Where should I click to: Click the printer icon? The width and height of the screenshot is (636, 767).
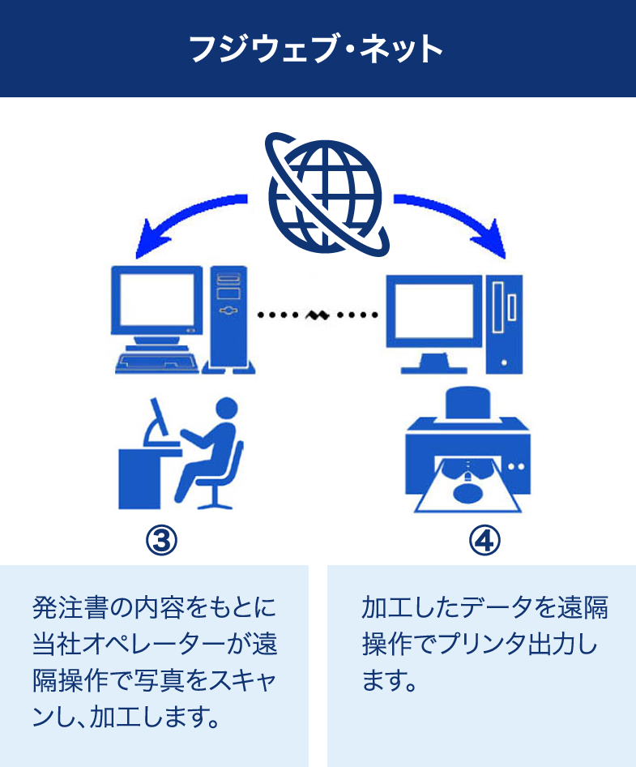468,446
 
